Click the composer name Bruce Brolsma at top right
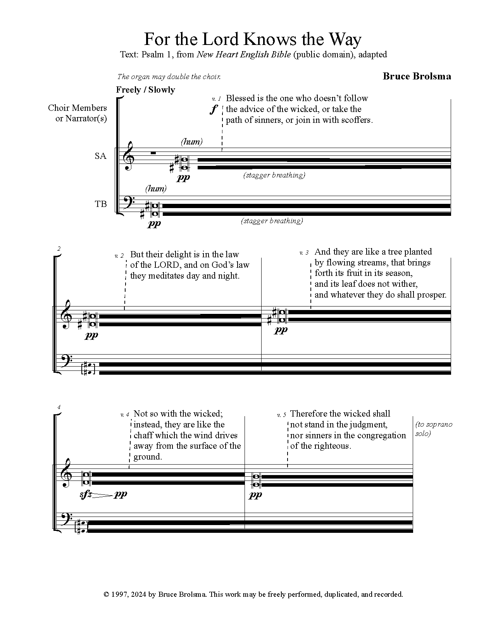tap(417, 76)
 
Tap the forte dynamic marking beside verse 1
tap(214, 109)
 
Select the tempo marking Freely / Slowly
tap(145, 90)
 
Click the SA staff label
tap(100, 156)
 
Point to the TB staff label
tap(101, 204)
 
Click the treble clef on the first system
tap(128, 156)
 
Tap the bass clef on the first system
tap(127, 203)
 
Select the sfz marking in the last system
tap(86, 494)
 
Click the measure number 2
tap(59, 249)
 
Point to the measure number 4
tap(59, 407)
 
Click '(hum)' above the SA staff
tap(192, 141)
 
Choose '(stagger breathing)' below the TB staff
tap(272, 220)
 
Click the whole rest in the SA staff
tap(153, 153)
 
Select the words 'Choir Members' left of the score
tap(77, 108)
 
